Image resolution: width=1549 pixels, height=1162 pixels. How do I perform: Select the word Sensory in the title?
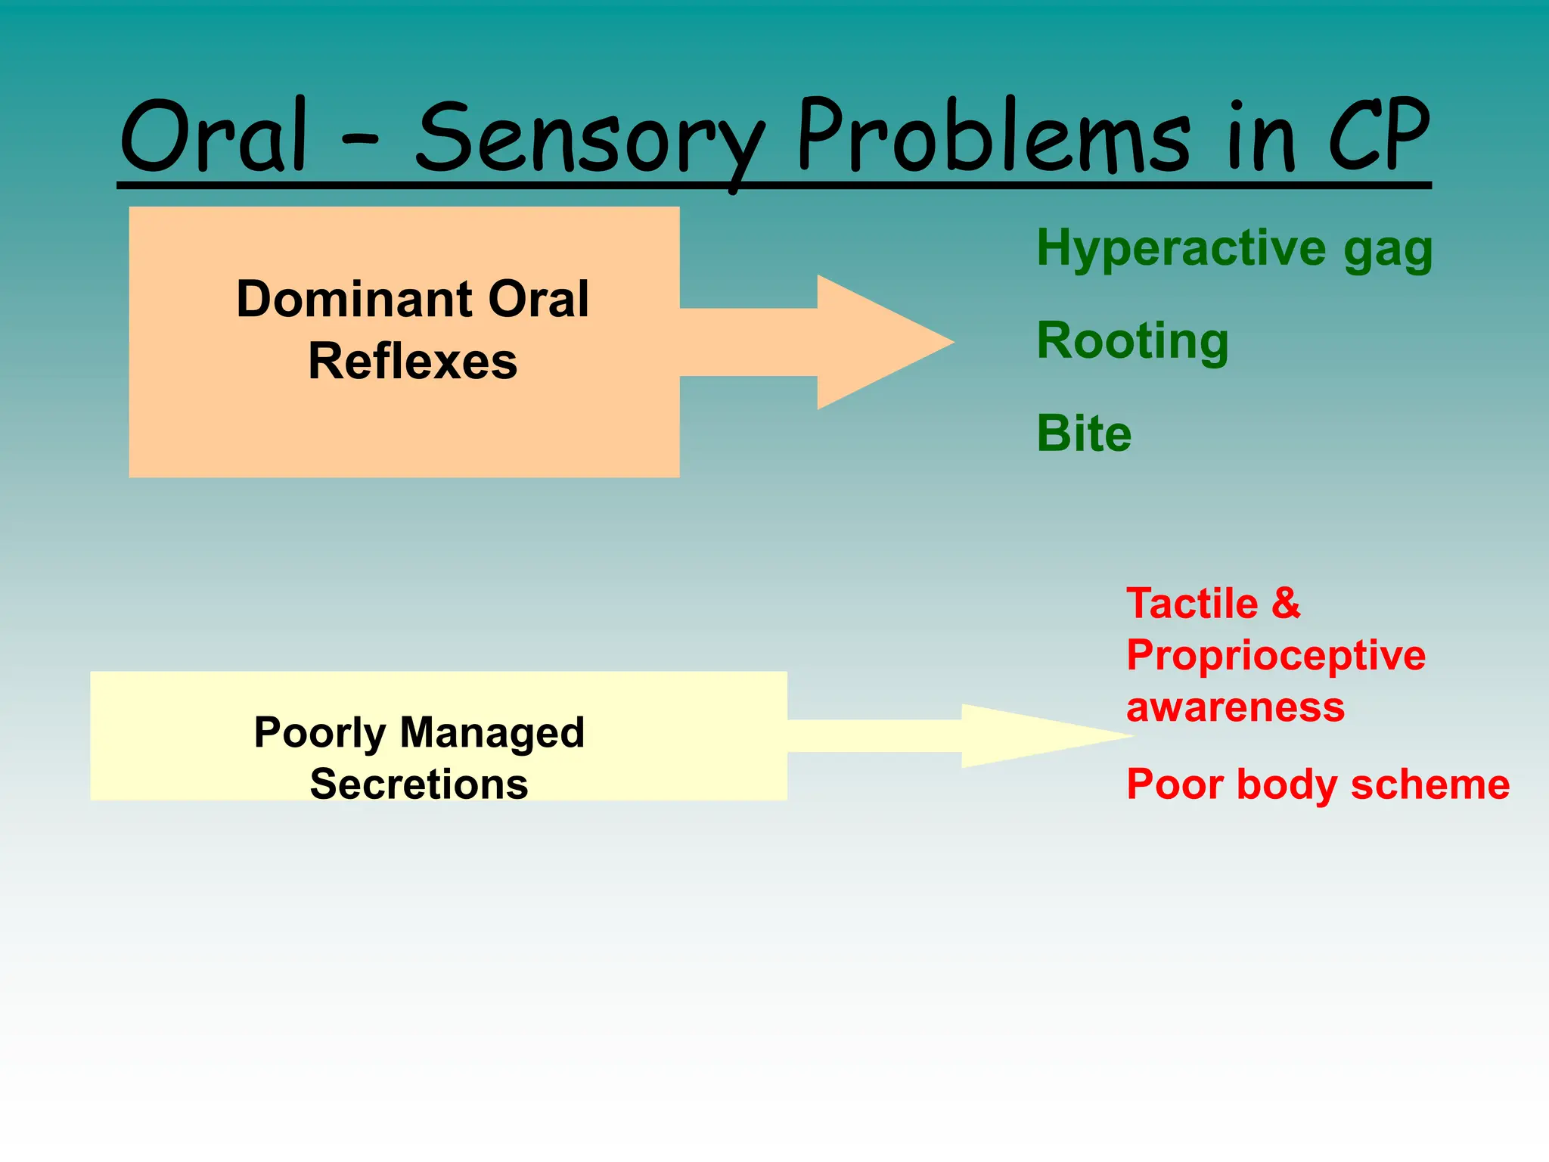[590, 140]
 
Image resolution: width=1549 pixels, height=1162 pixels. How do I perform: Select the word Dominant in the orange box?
[355, 299]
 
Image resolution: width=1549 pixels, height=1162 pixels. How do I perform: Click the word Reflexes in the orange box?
[413, 362]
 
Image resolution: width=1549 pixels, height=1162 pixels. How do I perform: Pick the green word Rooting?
[1132, 341]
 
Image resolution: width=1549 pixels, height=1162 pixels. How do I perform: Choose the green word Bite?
[1084, 433]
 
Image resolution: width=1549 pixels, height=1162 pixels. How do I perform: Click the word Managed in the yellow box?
[492, 732]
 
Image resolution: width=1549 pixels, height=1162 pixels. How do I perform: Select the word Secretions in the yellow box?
[419, 784]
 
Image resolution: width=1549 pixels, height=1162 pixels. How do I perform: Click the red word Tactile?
[1192, 604]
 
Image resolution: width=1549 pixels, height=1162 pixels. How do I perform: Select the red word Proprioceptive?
[1276, 655]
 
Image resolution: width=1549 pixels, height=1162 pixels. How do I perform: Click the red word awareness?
[1236, 707]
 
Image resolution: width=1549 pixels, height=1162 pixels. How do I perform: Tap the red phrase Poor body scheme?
[1318, 785]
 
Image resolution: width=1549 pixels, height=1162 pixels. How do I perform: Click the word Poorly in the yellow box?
[320, 732]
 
